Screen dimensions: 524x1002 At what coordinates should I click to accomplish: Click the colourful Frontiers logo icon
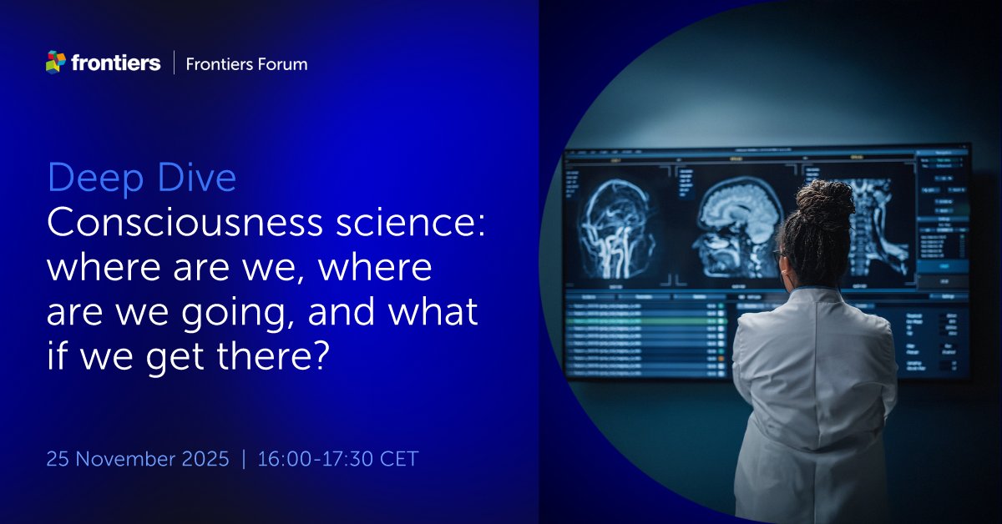(x=55, y=62)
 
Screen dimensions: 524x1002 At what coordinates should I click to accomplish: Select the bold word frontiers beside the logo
(x=116, y=63)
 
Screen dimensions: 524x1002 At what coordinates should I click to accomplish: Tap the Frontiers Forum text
(x=246, y=63)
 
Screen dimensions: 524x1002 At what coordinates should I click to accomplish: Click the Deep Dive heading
(x=142, y=179)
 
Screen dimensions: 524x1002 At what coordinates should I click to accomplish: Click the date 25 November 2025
(x=138, y=459)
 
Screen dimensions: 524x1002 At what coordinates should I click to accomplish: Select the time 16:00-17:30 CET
(x=338, y=459)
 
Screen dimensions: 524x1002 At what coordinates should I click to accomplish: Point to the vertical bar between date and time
(x=244, y=459)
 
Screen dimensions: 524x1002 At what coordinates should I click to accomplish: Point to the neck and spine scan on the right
(x=877, y=221)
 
